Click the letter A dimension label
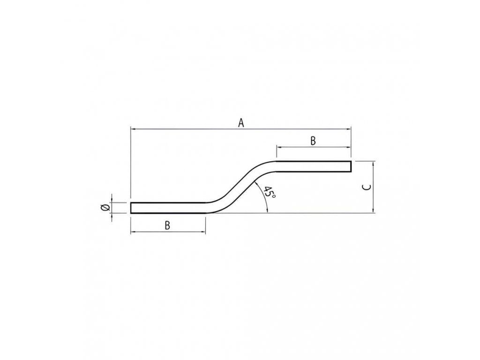241,123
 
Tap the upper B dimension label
313,141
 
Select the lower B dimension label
167,225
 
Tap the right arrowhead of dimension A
348,129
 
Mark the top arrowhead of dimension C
373,165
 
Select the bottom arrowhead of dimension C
373,210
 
